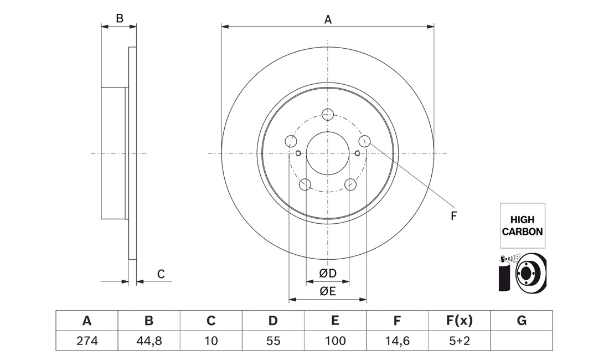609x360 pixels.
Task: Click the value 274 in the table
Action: [87, 341]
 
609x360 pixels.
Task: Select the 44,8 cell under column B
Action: [149, 341]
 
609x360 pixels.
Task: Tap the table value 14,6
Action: [397, 341]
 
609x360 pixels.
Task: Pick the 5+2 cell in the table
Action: [459, 341]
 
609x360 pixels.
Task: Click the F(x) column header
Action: [459, 321]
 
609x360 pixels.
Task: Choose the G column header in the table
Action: [522, 321]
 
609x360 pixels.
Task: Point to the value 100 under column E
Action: [335, 341]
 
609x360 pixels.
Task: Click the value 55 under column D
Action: [273, 341]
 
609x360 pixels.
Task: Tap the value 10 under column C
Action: [211, 341]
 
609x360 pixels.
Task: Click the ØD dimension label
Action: [328, 274]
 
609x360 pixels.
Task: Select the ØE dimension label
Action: [328, 291]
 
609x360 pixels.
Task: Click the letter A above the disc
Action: [328, 19]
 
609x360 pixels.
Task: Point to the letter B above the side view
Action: [120, 18]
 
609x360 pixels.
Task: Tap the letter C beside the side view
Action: [161, 274]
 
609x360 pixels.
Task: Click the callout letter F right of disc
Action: [453, 216]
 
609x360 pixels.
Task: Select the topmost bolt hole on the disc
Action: [328, 114]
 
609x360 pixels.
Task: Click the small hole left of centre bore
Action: [298, 153]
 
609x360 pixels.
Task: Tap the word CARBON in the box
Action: [522, 232]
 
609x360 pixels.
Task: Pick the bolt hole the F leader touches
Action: [364, 141]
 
